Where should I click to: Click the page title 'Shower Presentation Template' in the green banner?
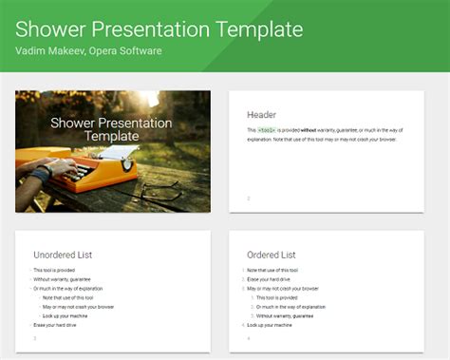click(x=159, y=28)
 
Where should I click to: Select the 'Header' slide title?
click(x=261, y=114)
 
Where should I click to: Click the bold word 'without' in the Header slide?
click(x=309, y=128)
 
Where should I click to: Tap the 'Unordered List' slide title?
click(x=63, y=255)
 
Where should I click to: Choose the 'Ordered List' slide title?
click(x=271, y=255)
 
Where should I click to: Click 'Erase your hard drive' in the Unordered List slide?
click(x=55, y=325)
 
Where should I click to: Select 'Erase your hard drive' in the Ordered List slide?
click(x=269, y=279)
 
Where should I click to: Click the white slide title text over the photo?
click(x=111, y=129)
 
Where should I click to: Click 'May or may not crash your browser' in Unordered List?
click(x=78, y=307)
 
